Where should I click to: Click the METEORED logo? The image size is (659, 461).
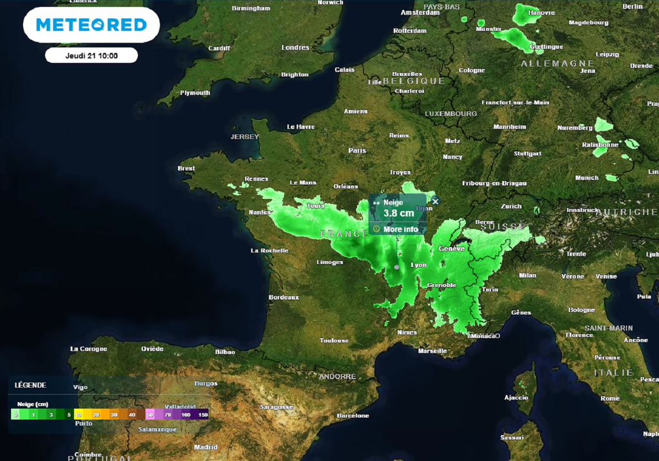pos(91,25)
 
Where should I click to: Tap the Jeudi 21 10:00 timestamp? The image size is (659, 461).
pos(91,55)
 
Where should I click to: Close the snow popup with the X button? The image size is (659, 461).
pos(435,202)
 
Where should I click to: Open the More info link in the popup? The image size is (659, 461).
pos(400,229)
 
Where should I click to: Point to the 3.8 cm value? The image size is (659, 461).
pos(399,213)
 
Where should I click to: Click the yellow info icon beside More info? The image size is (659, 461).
pos(376,229)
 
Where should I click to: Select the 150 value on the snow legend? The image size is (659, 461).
pos(203,415)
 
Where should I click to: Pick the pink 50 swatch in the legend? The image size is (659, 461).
pos(149,415)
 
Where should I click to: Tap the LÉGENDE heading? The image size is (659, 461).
pos(30,385)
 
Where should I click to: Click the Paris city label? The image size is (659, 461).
pos(357,151)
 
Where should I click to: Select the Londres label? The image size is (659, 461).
pos(295,48)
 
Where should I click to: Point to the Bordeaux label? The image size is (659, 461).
pos(284,297)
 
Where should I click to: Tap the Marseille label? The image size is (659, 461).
pos(432,351)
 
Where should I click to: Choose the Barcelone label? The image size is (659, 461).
pos(353,416)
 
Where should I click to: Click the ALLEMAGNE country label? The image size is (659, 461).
pos(557,64)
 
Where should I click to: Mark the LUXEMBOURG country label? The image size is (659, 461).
pos(451,114)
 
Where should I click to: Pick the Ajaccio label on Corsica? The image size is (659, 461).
pos(516,397)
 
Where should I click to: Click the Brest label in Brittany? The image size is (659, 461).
pos(186,169)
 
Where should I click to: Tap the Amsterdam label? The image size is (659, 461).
pos(420,13)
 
